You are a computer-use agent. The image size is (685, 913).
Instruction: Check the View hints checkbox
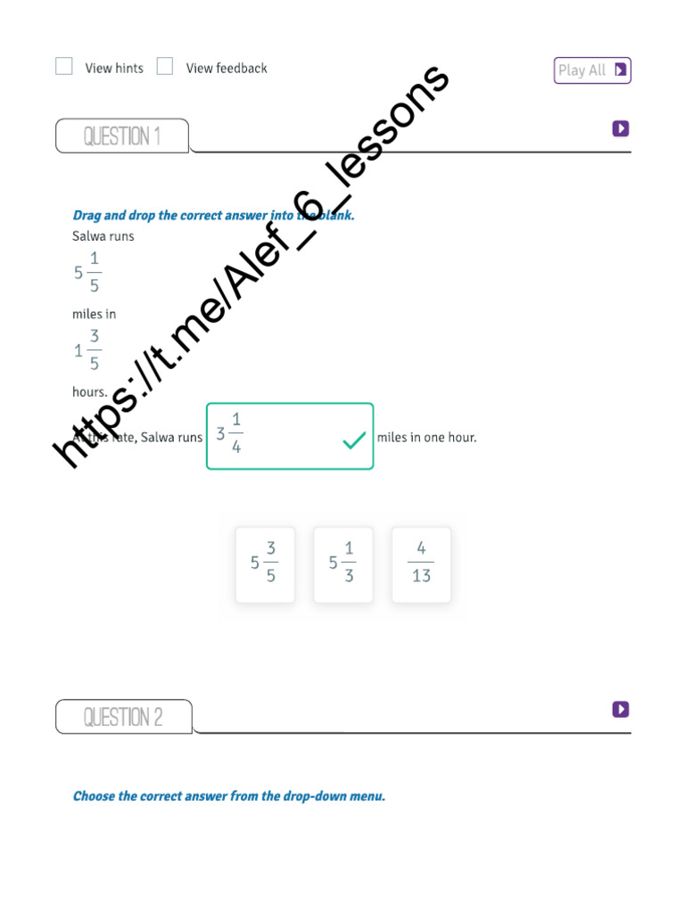tap(64, 66)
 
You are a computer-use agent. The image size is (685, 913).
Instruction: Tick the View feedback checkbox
tap(165, 66)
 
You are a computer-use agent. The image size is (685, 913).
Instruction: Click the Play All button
tap(592, 70)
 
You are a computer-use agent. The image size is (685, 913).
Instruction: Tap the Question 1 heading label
tap(122, 136)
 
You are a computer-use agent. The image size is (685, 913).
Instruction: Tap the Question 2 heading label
tap(123, 717)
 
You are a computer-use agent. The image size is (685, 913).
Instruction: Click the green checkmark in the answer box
tap(354, 440)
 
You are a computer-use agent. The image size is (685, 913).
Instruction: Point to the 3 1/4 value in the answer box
tap(230, 434)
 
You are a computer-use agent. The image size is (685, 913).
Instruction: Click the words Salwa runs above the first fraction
tap(103, 236)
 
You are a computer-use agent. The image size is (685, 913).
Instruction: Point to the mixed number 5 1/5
tap(87, 273)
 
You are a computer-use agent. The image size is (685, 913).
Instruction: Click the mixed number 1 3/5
tap(87, 350)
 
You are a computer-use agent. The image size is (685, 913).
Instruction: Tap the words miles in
tap(94, 314)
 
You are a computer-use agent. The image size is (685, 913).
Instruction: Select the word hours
tap(89, 391)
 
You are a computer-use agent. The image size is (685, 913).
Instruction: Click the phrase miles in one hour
tap(426, 438)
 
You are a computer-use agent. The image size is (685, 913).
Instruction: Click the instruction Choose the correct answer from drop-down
tap(229, 796)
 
